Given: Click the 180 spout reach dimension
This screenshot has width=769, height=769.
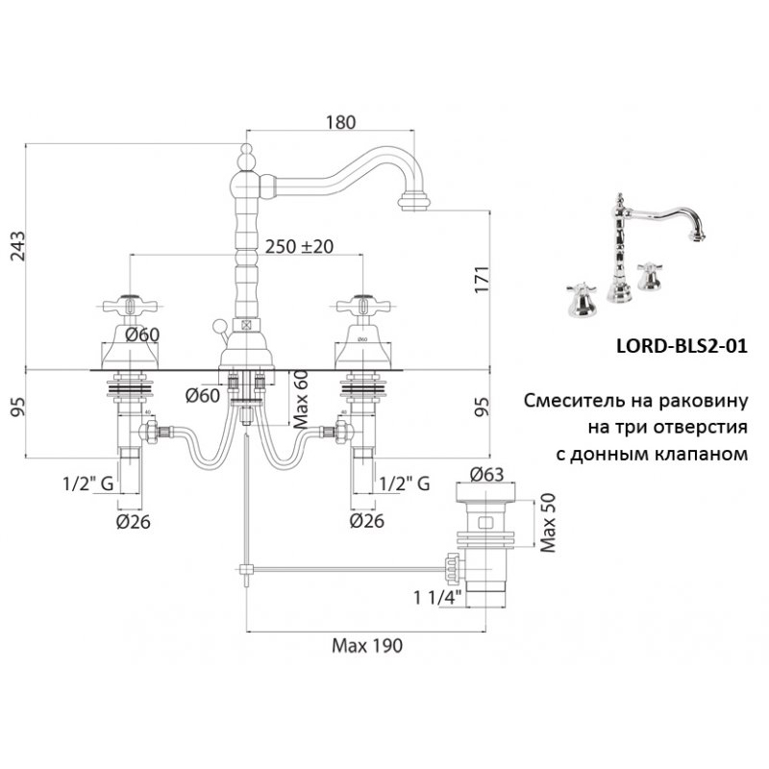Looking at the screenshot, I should coord(340,122).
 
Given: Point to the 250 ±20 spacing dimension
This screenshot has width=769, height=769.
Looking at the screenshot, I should coord(298,246).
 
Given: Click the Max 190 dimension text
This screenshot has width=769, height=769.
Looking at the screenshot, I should coord(366,645).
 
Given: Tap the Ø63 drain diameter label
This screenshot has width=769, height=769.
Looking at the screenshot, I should coord(488,473).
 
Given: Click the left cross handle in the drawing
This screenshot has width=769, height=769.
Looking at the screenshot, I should coord(128,306).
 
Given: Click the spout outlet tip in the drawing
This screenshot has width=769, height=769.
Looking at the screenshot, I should coord(416,200).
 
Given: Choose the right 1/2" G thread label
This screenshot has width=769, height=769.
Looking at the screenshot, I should coord(405,483).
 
